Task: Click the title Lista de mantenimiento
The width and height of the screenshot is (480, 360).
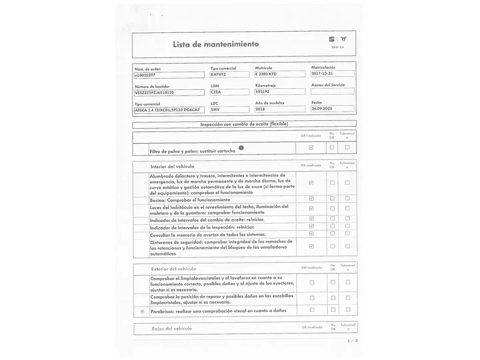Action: (216, 44)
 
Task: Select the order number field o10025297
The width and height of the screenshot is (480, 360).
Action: (169, 75)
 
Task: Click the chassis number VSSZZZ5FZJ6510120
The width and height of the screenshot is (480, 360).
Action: (169, 93)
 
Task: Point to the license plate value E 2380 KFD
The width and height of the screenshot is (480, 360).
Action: (280, 74)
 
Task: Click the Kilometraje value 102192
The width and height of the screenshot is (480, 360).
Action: (280, 92)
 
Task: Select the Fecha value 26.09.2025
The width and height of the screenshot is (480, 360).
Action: (332, 109)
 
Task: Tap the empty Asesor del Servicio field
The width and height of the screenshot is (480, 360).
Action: (332, 91)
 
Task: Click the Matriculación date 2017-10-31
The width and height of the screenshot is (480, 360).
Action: (332, 74)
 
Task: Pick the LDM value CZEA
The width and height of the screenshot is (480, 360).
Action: (229, 92)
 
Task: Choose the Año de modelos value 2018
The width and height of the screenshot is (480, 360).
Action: (280, 109)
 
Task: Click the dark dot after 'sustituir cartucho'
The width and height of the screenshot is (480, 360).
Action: (241, 148)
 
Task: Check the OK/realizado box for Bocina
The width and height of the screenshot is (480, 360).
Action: (311, 199)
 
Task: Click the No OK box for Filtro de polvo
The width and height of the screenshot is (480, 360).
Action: (332, 147)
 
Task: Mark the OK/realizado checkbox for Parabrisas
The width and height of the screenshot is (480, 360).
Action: (312, 310)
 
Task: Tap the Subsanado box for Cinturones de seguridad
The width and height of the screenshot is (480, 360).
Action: (348, 246)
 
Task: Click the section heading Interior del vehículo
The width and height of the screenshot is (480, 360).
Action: (172, 167)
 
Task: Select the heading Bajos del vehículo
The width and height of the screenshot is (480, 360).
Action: (172, 329)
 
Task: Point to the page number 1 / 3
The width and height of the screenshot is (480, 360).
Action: (352, 341)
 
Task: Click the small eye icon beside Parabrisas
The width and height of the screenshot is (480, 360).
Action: (142, 311)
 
